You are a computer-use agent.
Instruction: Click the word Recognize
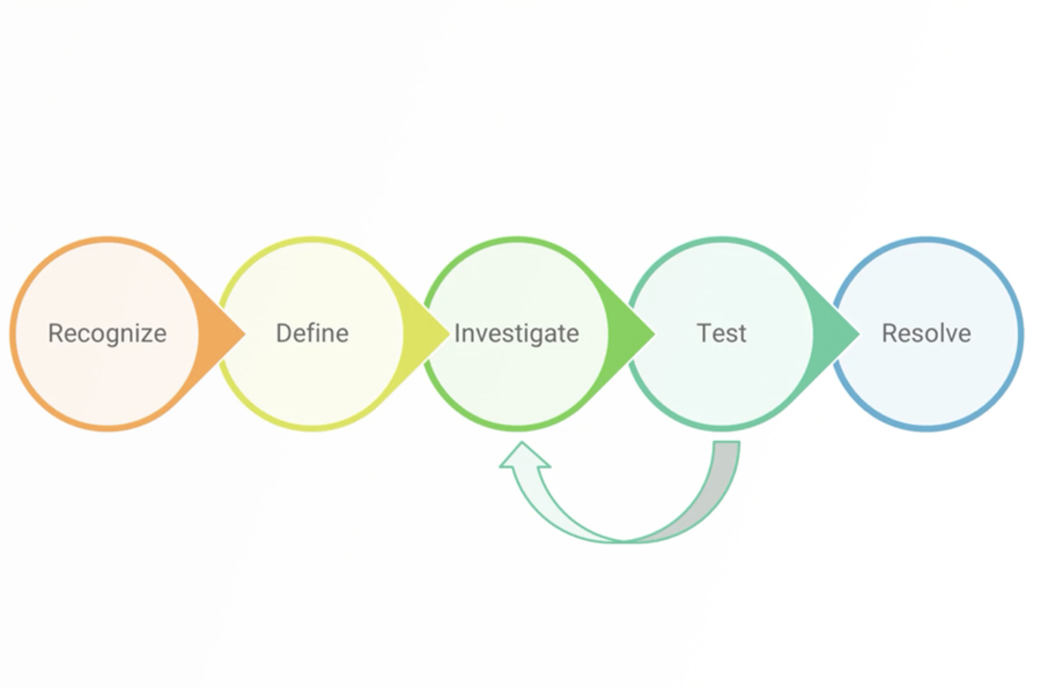click(107, 333)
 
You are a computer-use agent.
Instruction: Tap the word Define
click(312, 333)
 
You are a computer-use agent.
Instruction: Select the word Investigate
click(517, 333)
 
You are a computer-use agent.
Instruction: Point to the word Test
click(722, 333)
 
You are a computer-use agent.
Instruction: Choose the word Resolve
click(926, 333)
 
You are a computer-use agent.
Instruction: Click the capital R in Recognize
click(55, 333)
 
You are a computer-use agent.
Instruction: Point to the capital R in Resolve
click(889, 333)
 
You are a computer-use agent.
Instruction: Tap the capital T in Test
click(703, 333)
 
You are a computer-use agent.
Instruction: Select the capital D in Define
click(284, 333)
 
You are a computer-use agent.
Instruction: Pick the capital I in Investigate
click(457, 333)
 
